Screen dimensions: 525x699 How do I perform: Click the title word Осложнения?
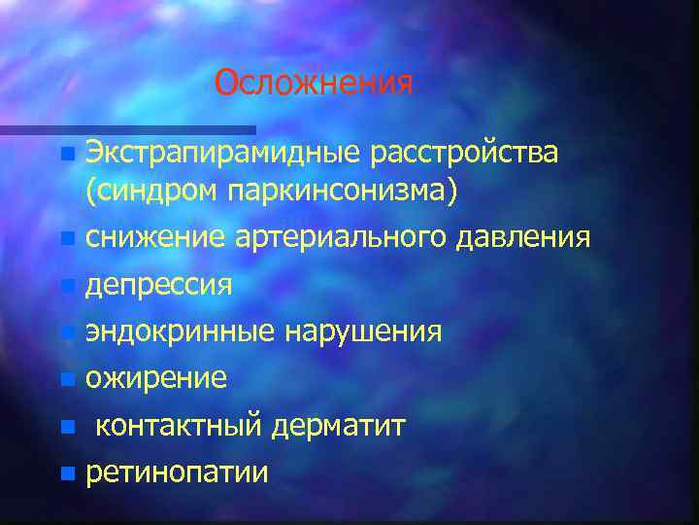tap(314, 83)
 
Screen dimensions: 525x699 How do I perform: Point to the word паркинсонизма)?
tap(344, 192)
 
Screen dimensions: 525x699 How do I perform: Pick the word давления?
tap(521, 237)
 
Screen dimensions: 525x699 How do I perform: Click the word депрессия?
tap(159, 285)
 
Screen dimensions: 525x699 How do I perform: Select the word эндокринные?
tap(181, 332)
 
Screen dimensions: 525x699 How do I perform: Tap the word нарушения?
tap(363, 332)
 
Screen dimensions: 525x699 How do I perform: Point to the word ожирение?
tap(156, 378)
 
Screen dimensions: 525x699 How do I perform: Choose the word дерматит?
tap(338, 425)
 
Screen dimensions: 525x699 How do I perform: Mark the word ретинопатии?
tap(177, 473)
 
